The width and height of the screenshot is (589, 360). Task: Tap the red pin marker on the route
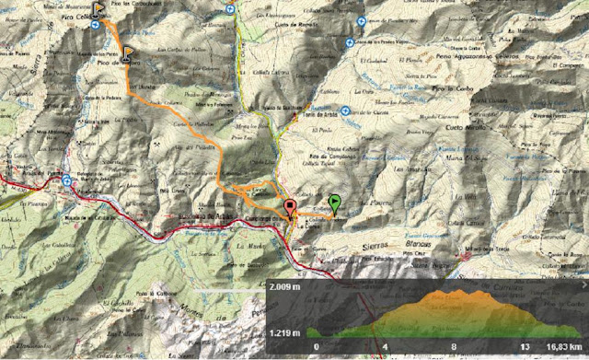(290, 207)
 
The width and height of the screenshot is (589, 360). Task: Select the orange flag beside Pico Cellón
(98, 10)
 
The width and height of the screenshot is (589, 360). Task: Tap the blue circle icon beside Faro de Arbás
(345, 111)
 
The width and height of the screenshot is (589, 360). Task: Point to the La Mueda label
(248, 246)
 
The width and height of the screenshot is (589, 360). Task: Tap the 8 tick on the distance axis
(454, 347)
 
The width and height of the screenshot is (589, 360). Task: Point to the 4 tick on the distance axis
(385, 347)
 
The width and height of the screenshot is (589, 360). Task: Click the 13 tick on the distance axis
(522, 347)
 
